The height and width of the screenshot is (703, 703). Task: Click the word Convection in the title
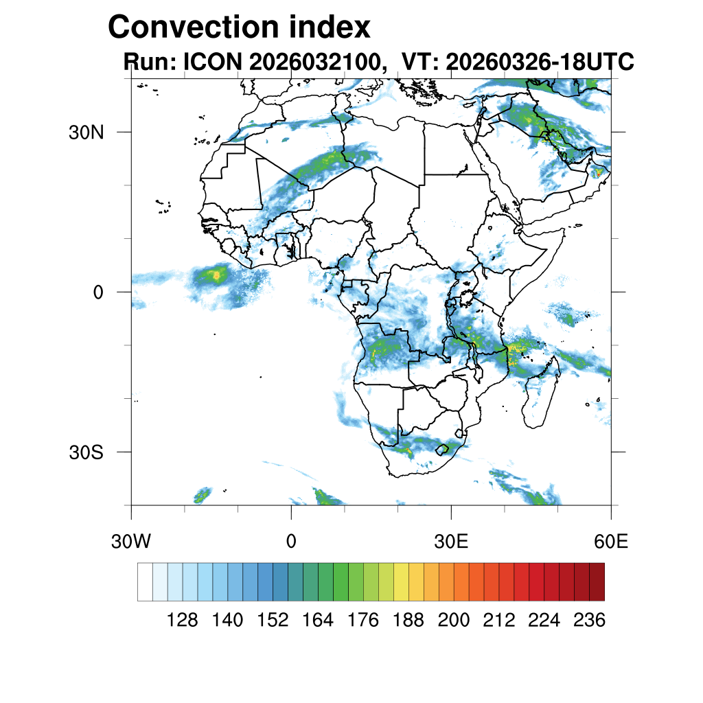coord(194,27)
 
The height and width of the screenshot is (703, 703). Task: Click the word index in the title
coord(330,27)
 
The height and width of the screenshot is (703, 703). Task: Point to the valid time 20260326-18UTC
coord(540,62)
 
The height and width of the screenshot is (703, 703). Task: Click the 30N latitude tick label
coord(86,132)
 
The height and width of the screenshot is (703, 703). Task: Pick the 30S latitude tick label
coord(87,452)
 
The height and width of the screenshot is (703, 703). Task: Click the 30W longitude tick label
coord(131,542)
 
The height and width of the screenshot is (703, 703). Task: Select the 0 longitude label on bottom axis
coord(291,542)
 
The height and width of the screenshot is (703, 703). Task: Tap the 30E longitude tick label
coord(451,542)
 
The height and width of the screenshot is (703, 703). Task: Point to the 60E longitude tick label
coord(611,542)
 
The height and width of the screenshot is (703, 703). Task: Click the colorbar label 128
coord(183,621)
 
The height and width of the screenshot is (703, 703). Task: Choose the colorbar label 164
coord(318,621)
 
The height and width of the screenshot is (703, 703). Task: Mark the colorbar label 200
coord(453,621)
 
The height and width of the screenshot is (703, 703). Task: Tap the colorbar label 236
coord(588,621)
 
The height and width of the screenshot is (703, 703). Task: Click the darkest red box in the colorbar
coord(597,581)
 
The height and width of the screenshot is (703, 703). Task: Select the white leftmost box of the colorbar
coord(145,581)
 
